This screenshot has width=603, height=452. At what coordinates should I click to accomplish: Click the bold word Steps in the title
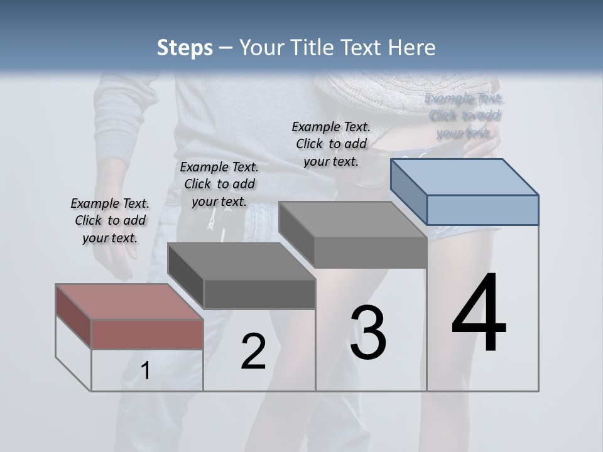(x=185, y=48)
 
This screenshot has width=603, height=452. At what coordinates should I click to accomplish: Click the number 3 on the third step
(x=368, y=332)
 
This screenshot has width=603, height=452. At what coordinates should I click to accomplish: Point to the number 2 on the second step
(x=253, y=352)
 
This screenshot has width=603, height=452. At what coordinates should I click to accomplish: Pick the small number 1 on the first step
(x=145, y=370)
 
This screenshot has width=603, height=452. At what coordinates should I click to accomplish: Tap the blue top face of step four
(x=465, y=176)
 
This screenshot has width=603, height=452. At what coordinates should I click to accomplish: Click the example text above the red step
(x=110, y=220)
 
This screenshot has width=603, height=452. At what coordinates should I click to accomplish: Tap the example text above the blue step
(x=464, y=116)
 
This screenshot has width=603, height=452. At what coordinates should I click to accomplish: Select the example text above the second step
(x=219, y=184)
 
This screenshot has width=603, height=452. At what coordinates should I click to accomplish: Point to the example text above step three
(x=331, y=144)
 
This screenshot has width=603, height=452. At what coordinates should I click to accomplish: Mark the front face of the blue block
(x=482, y=210)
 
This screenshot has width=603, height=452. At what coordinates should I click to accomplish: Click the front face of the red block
(x=147, y=333)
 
